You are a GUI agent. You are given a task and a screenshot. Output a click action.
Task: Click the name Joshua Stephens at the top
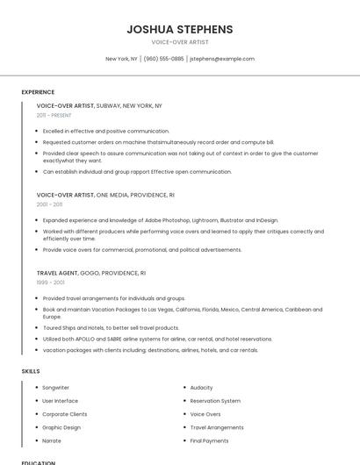(x=179, y=29)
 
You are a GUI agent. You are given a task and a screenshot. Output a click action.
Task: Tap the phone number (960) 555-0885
(x=163, y=59)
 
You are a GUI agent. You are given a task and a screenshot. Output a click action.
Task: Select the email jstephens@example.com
(x=222, y=59)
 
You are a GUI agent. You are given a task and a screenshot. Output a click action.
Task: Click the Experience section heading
(x=38, y=91)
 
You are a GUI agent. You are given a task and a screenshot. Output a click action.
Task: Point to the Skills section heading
(x=31, y=371)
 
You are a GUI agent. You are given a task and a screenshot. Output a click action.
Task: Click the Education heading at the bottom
(x=39, y=462)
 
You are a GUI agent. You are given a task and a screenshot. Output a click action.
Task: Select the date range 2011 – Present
(x=54, y=115)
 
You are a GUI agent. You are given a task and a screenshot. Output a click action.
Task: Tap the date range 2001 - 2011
(x=49, y=204)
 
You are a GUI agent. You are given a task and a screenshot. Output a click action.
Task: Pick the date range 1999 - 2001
(x=50, y=282)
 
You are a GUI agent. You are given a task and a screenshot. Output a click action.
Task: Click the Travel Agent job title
(x=57, y=273)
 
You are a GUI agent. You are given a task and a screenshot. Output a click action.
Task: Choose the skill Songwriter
(x=55, y=387)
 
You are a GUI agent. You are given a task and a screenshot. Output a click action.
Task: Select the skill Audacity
(x=201, y=387)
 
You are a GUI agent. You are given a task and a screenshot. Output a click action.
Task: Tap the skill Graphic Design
(x=61, y=427)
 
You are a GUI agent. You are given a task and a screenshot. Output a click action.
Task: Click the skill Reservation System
(x=215, y=400)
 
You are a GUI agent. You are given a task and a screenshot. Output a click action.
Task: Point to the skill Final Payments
(x=209, y=440)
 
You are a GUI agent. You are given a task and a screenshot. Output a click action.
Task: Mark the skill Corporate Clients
(x=65, y=414)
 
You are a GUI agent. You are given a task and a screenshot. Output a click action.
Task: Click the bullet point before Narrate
(x=36, y=440)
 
